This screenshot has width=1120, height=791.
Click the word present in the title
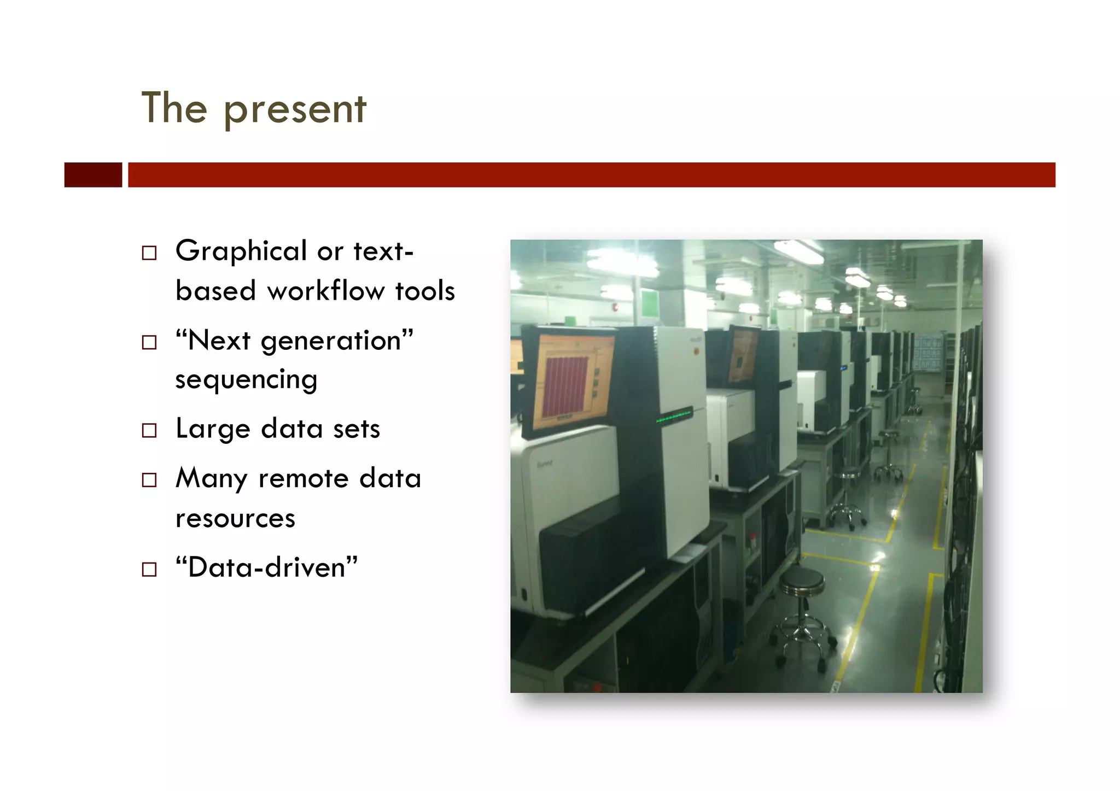pyautogui.click(x=295, y=109)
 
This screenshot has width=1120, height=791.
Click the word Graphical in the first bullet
pyautogui.click(x=241, y=251)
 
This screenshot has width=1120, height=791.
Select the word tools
pyautogui.click(x=425, y=291)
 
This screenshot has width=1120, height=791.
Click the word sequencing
pyautogui.click(x=246, y=380)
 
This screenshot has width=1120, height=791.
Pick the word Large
pyautogui.click(x=213, y=429)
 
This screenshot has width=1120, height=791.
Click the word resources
pyautogui.click(x=235, y=518)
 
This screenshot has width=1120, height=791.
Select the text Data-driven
pyautogui.click(x=266, y=567)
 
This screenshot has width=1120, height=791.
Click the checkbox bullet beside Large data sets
pyautogui.click(x=149, y=431)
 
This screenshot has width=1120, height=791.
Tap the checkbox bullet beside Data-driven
pyautogui.click(x=149, y=570)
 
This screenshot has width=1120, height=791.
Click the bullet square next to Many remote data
pyautogui.click(x=149, y=480)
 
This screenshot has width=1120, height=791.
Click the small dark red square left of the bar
pyautogui.click(x=93, y=175)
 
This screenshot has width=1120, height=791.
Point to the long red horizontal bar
pyautogui.click(x=591, y=175)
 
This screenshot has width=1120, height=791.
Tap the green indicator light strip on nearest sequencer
pyautogui.click(x=674, y=417)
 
